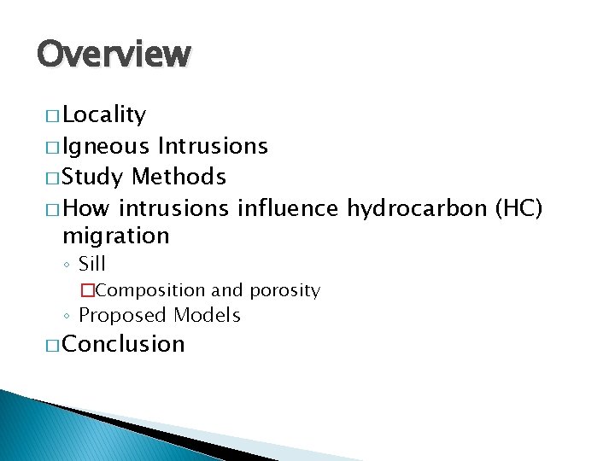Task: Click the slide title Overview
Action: tap(114, 54)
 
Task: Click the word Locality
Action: tap(104, 115)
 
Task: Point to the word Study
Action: tap(94, 178)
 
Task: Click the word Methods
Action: tap(179, 178)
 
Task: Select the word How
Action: tap(86, 208)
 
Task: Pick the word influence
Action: tap(289, 208)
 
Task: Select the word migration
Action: tap(116, 236)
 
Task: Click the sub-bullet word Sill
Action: tap(92, 264)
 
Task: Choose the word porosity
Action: tap(284, 291)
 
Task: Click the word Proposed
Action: tap(122, 316)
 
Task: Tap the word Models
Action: tap(207, 316)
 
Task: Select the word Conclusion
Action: tap(124, 344)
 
